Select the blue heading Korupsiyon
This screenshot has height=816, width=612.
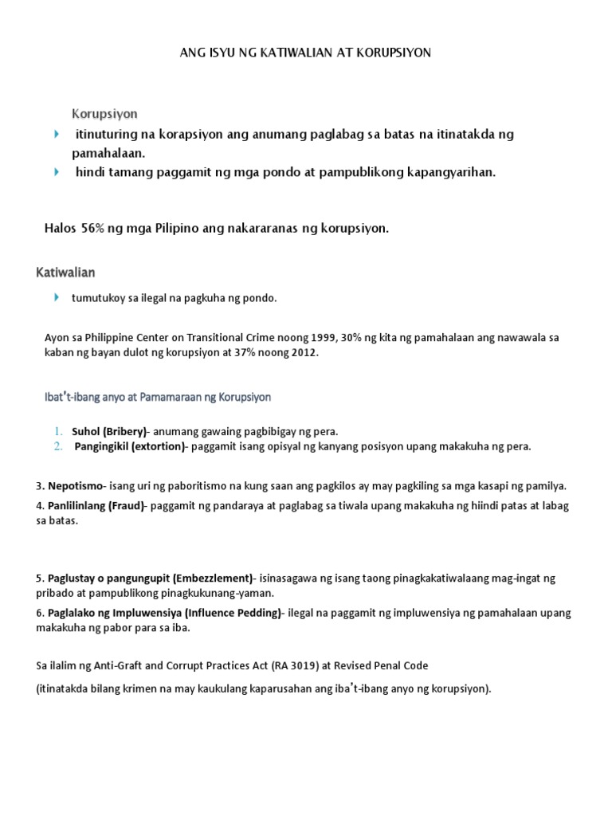click(105, 114)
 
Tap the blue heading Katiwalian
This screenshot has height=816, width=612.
click(66, 273)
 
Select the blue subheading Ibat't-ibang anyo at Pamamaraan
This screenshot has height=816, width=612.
click(157, 396)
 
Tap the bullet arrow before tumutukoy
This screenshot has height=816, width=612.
click(56, 297)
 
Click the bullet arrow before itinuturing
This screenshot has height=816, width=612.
click(56, 133)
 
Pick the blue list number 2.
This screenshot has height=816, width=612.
click(58, 446)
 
